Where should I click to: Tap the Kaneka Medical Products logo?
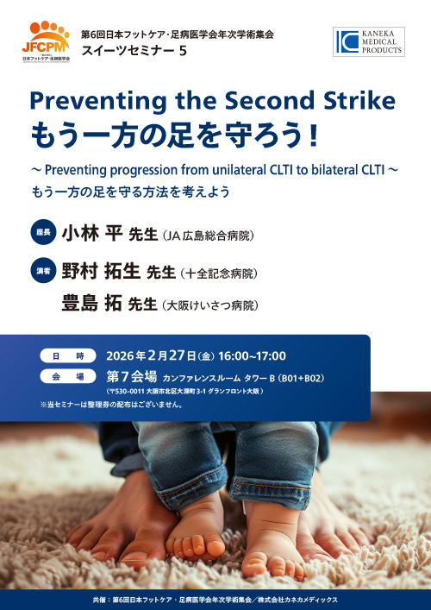(x=368, y=41)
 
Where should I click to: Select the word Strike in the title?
(x=353, y=101)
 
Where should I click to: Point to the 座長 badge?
(x=43, y=234)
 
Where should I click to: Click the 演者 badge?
(x=43, y=272)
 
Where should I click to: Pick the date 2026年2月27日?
(x=149, y=355)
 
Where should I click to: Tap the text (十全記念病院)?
(x=220, y=274)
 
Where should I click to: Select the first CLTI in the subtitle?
(x=234, y=171)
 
